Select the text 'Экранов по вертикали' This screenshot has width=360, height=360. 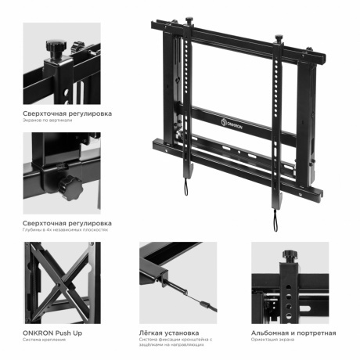pos(47,121)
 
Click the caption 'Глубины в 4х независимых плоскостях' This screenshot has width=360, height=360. pos(65,231)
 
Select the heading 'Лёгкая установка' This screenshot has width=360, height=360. pos(169,333)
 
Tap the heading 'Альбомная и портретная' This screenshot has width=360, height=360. pos(293,333)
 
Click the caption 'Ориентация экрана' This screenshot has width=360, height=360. pos(274,341)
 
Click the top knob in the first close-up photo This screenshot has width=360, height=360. pos(56,46)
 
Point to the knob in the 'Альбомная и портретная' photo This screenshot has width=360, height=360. pos(289,255)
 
